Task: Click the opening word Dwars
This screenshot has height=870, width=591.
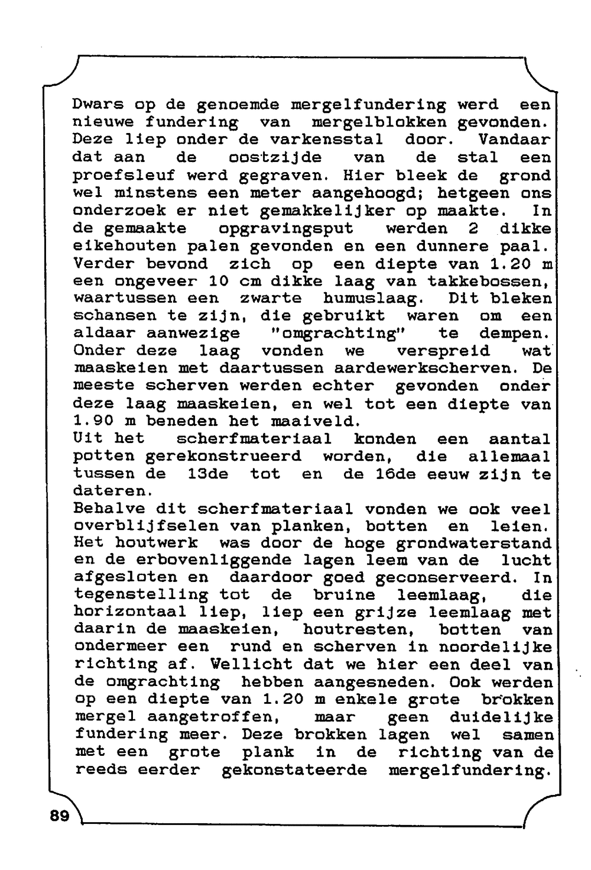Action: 98,105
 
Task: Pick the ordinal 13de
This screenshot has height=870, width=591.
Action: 207,474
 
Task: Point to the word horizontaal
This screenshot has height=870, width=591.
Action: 129,612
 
